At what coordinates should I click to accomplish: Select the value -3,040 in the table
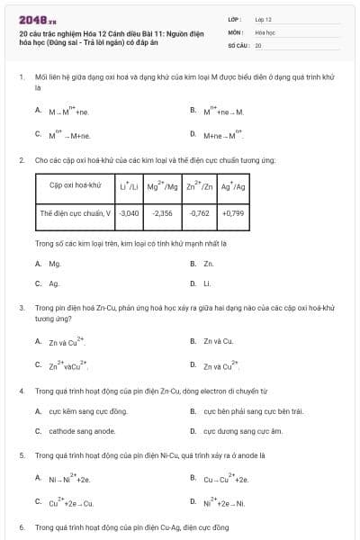click(x=130, y=213)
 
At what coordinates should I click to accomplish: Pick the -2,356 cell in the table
click(x=163, y=213)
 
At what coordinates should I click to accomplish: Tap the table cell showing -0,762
click(x=200, y=213)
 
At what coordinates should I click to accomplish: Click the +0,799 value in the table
click(x=232, y=213)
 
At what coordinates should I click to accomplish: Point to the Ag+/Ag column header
click(x=232, y=186)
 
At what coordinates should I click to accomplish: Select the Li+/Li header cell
click(x=130, y=186)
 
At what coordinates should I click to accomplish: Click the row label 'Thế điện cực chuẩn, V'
click(x=76, y=213)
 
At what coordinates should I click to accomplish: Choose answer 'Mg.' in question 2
click(x=55, y=264)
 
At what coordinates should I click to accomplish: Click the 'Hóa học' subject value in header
click(x=265, y=31)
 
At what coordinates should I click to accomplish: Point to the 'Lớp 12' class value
click(x=264, y=19)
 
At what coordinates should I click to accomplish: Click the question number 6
click(x=22, y=526)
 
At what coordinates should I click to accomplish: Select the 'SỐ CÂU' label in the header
click(x=238, y=44)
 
